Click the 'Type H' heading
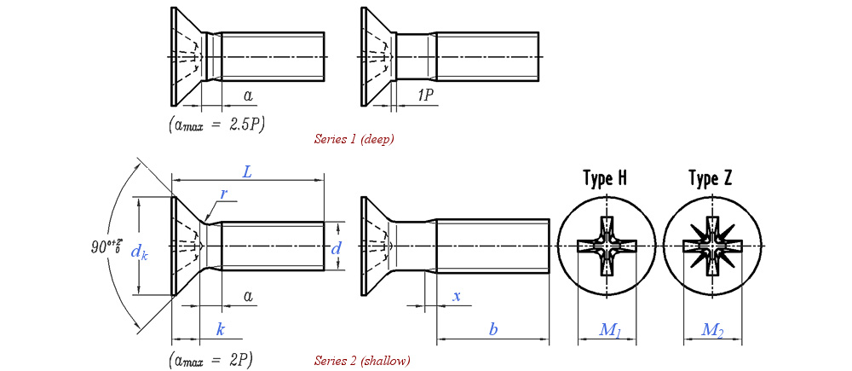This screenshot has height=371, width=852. (x=605, y=179)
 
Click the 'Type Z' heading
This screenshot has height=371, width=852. (x=710, y=179)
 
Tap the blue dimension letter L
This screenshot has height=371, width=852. (x=247, y=171)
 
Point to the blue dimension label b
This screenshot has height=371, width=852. (x=492, y=328)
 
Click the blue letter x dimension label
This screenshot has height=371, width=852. (x=457, y=295)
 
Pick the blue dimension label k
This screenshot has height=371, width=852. (x=220, y=328)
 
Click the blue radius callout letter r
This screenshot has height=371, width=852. (x=223, y=194)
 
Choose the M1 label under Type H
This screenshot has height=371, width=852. (x=608, y=330)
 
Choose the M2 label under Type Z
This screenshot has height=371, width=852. (x=712, y=330)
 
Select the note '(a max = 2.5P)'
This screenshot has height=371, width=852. (x=216, y=125)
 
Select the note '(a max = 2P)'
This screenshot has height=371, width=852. (x=211, y=358)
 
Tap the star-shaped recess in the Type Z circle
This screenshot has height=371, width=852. (x=712, y=246)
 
